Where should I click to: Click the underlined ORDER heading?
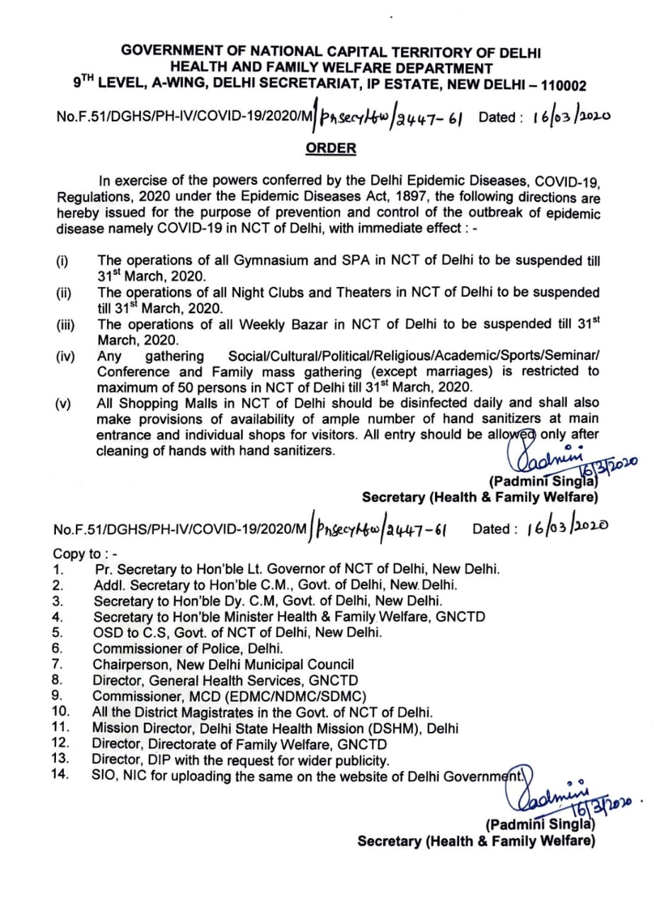[x=331, y=148]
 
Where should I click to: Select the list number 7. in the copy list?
[x=60, y=664]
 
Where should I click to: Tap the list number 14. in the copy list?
[x=61, y=774]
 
